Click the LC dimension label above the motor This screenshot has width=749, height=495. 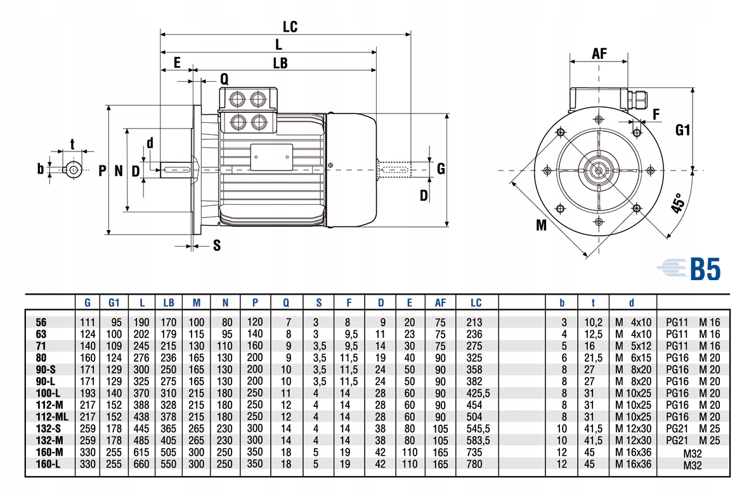click(290, 27)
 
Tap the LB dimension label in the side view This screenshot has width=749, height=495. click(280, 63)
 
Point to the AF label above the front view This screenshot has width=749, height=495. click(599, 53)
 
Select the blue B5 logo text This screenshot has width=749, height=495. click(705, 269)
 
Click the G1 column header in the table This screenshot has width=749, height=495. click(114, 302)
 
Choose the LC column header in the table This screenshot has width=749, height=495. click(476, 302)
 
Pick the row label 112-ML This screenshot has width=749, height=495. click(51, 416)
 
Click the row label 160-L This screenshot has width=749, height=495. click(48, 464)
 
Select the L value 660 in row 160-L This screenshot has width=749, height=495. click(141, 464)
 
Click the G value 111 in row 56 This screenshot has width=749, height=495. click(88, 322)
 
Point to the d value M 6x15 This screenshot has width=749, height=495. click(633, 358)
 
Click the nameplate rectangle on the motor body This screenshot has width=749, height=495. click(272, 157)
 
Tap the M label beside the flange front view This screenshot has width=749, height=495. click(541, 225)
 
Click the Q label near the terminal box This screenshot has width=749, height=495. click(224, 79)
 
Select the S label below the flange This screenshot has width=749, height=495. click(217, 245)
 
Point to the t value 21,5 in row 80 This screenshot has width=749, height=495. click(593, 358)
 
